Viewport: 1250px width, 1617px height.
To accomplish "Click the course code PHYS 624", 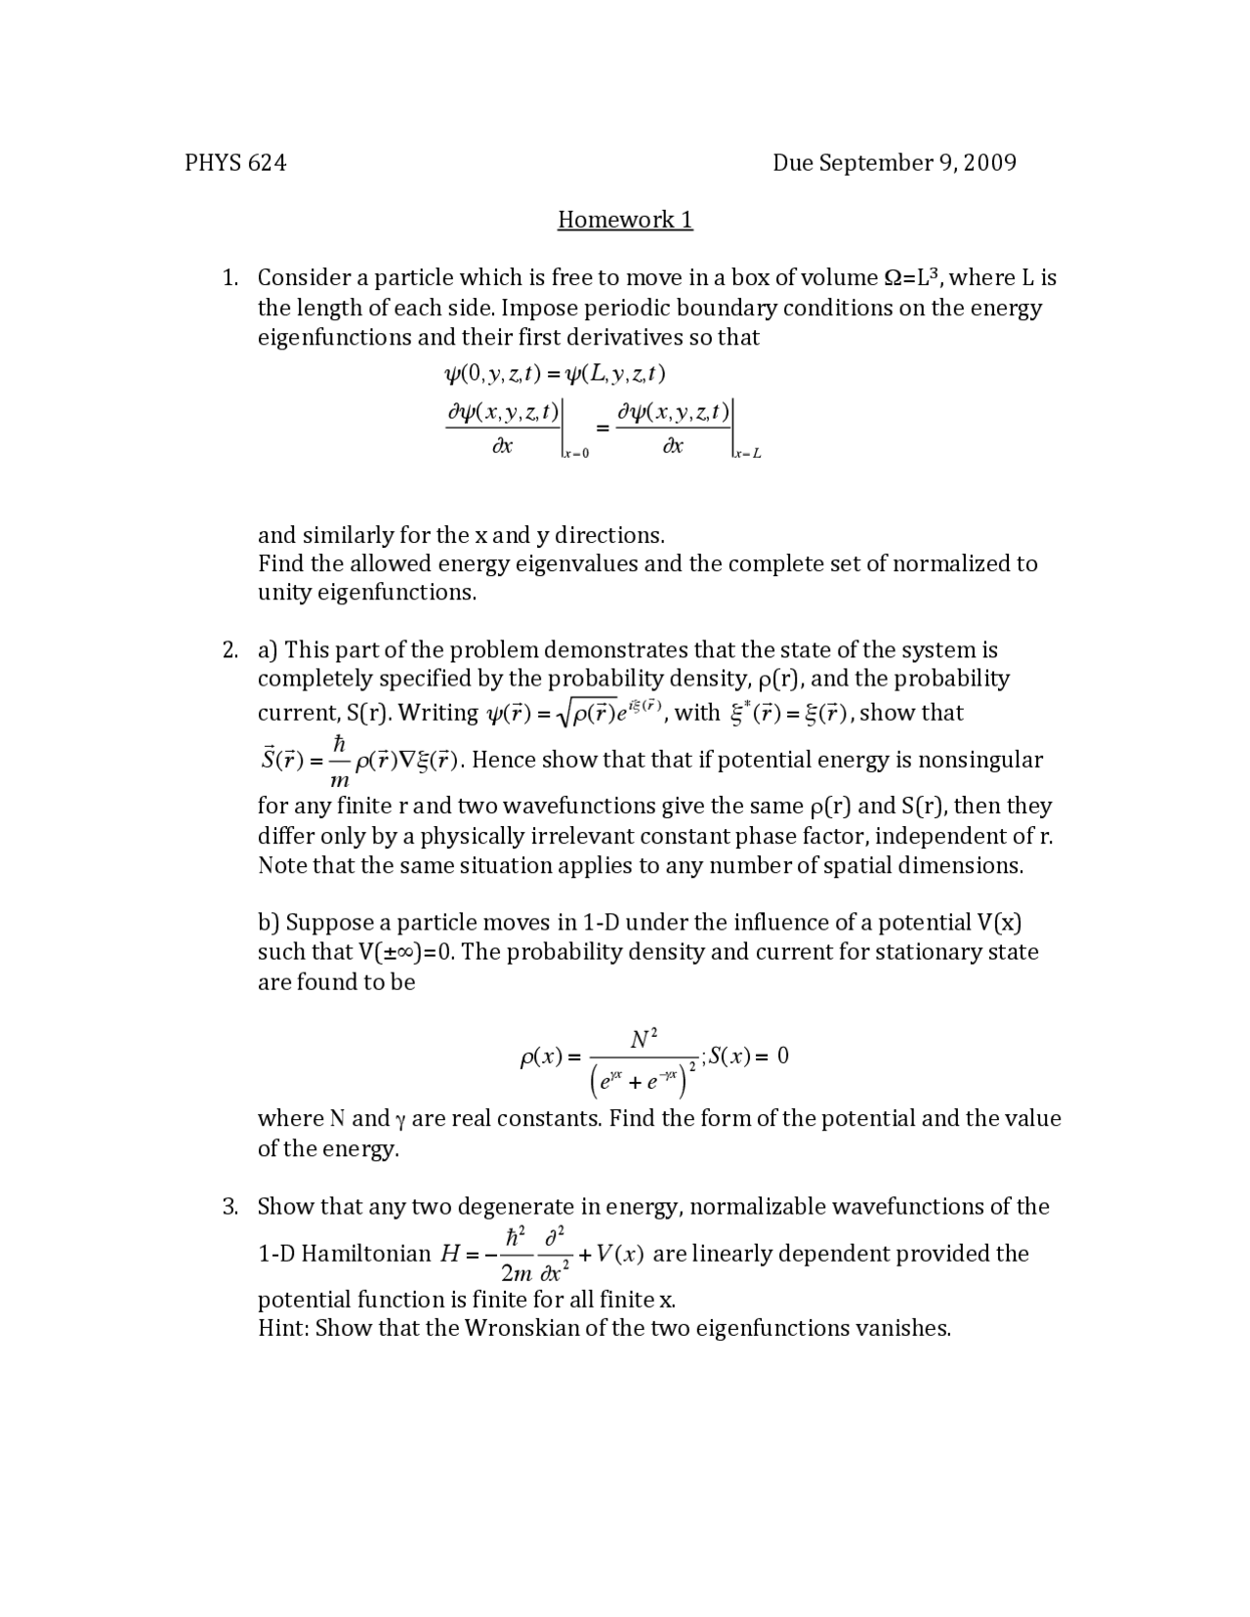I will click(x=235, y=163).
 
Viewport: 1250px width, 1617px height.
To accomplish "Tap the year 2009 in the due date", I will click(x=989, y=163).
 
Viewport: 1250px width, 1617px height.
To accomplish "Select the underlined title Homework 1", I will click(x=625, y=220).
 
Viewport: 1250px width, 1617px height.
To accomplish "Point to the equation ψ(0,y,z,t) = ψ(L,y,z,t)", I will click(x=555, y=374).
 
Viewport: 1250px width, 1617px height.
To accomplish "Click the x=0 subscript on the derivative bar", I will click(x=577, y=453).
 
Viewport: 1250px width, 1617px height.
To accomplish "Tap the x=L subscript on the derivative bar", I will click(x=748, y=453).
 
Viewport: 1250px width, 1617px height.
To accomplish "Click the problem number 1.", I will click(x=229, y=278).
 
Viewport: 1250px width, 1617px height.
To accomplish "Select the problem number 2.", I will click(x=229, y=650).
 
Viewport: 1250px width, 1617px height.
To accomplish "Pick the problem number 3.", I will click(x=229, y=1207).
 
